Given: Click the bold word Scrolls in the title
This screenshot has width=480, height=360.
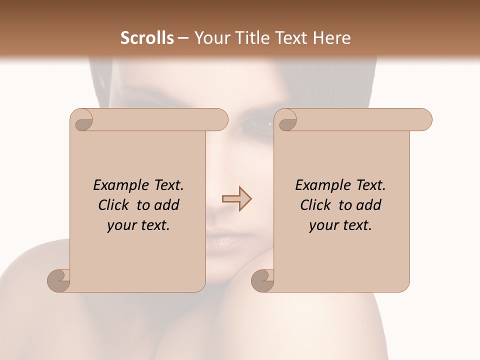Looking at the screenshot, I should click(147, 38).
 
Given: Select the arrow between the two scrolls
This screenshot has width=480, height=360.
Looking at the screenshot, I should click(236, 199).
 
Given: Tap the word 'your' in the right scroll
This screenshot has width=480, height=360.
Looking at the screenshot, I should click(323, 225).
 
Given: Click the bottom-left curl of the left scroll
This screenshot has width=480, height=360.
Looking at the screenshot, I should click(59, 280).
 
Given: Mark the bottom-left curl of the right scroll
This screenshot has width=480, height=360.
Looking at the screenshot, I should click(262, 280).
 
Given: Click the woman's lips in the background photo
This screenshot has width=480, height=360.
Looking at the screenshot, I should click(227, 240).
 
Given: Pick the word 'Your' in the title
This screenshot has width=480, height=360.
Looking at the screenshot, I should click(210, 38).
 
